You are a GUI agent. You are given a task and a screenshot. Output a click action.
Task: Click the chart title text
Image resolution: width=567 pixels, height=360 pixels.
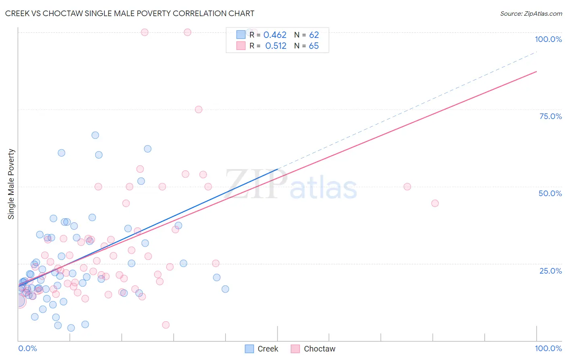[x=129, y=13]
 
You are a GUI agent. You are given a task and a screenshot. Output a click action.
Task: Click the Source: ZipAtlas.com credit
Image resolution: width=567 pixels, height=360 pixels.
[x=531, y=13]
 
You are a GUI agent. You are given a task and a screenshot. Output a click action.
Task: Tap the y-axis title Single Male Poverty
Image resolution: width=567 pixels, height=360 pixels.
[x=11, y=184]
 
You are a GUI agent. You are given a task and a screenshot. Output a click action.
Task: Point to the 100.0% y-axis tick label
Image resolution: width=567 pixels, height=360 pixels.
[x=548, y=39]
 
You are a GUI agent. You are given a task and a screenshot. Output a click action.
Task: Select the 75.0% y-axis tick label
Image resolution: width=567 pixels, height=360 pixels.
[x=550, y=116]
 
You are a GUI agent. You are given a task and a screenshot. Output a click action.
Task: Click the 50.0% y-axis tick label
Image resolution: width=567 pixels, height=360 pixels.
[x=550, y=193]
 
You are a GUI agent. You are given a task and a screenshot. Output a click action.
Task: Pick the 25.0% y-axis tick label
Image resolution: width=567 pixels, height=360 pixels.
[x=550, y=270]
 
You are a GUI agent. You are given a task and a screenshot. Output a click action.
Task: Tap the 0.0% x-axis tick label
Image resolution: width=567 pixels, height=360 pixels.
[x=27, y=348]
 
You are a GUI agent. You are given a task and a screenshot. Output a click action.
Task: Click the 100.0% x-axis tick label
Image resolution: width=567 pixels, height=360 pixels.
[x=548, y=348]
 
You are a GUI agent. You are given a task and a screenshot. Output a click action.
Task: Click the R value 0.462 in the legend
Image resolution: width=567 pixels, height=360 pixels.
[x=275, y=35]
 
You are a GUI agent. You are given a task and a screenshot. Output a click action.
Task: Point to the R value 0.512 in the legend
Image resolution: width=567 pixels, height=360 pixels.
[x=276, y=46]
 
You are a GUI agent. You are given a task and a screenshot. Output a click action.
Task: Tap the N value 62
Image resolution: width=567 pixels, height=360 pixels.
[x=314, y=35]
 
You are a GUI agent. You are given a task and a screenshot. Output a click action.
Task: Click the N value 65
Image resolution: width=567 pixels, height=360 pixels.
[x=314, y=46]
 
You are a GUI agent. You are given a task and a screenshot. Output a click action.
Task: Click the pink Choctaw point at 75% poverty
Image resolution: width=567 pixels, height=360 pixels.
[x=198, y=109]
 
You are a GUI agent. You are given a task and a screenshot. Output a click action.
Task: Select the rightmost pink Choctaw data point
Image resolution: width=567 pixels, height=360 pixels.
[x=435, y=203]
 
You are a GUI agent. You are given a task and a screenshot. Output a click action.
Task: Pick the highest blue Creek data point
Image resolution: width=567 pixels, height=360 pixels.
[x=95, y=135]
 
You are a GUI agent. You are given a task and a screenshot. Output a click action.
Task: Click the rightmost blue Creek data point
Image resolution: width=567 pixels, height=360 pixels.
[x=225, y=289]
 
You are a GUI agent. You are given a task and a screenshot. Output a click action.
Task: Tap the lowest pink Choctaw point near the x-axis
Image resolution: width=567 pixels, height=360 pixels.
[x=166, y=325]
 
